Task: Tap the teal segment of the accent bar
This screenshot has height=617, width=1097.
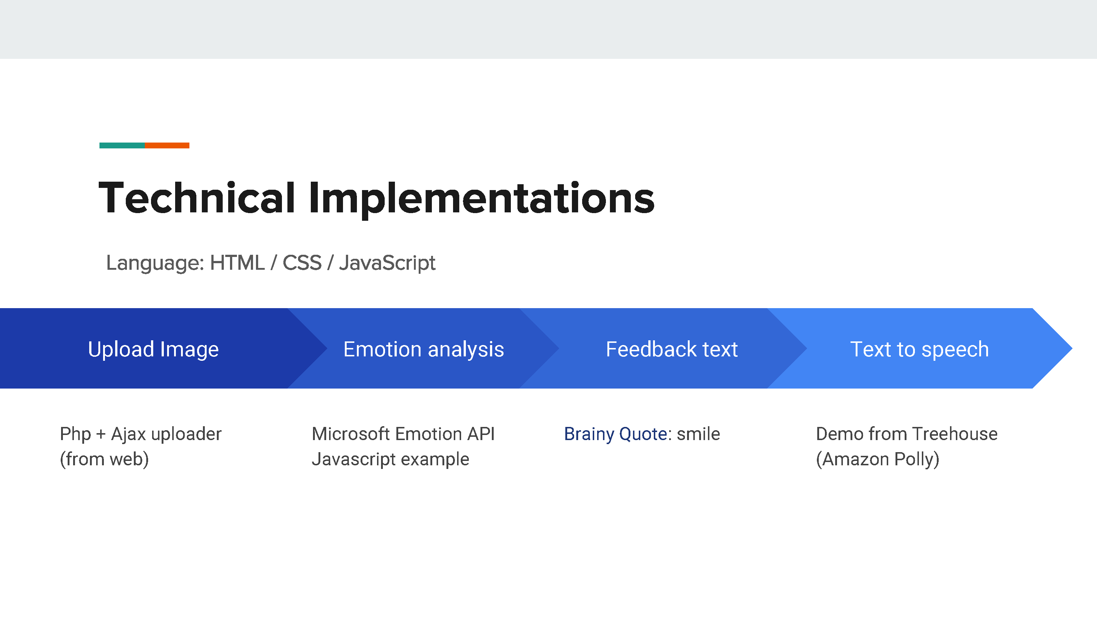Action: pyautogui.click(x=122, y=145)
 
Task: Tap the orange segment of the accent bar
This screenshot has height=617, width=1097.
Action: pyautogui.click(x=167, y=145)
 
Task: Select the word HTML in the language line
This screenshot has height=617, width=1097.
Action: pyautogui.click(x=237, y=263)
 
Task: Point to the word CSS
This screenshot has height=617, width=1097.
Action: pyautogui.click(x=302, y=263)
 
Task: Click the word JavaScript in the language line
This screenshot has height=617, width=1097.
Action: pyautogui.click(x=387, y=263)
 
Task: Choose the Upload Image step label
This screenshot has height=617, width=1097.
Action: pyautogui.click(x=153, y=349)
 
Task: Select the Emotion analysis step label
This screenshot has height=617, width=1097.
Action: pyautogui.click(x=424, y=349)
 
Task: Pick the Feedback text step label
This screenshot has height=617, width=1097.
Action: pyautogui.click(x=672, y=349)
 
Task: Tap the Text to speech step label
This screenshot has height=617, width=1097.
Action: pyautogui.click(x=919, y=349)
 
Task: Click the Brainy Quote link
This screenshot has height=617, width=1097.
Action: pyautogui.click(x=615, y=434)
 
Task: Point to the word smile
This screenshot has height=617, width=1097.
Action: pyautogui.click(x=698, y=434)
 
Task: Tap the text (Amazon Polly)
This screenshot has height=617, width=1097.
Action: pyautogui.click(x=878, y=459)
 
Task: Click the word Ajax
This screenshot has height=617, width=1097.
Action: pyautogui.click(x=129, y=434)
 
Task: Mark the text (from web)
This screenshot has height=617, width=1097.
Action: pyautogui.click(x=104, y=459)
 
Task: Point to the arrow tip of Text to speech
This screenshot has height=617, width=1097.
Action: pyautogui.click(x=1072, y=348)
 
